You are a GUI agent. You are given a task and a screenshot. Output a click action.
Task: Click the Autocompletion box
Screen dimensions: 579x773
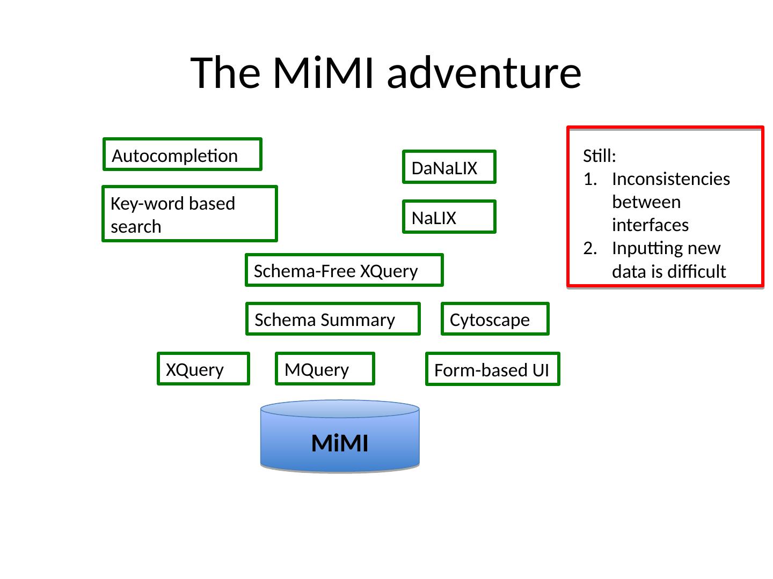pos(182,155)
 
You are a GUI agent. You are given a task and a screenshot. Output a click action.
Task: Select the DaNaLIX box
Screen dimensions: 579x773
pos(449,167)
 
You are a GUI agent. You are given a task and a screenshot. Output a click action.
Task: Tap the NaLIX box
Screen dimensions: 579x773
pos(449,217)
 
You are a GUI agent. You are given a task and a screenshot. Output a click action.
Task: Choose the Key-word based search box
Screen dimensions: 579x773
pos(189,214)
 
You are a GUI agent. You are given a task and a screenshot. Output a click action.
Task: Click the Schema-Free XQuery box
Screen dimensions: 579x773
pos(344,270)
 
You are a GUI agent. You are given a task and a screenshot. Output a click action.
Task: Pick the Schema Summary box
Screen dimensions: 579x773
pos(333,319)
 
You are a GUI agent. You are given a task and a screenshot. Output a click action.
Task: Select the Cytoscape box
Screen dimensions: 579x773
pos(494,319)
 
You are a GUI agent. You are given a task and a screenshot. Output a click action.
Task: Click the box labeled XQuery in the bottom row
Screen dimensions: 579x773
pos(203,369)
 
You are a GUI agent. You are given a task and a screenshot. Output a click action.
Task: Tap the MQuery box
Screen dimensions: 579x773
pos(324,369)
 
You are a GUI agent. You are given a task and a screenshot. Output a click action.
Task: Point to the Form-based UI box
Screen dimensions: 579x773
pos(492,369)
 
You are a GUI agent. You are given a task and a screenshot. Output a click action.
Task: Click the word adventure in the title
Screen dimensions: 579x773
pos(484,73)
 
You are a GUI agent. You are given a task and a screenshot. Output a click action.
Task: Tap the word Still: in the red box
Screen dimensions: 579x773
pos(600,157)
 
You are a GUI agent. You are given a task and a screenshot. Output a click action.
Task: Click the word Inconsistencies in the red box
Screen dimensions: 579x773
pos(670,179)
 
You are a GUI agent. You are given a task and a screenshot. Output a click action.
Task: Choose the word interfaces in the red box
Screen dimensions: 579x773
pos(650,225)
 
